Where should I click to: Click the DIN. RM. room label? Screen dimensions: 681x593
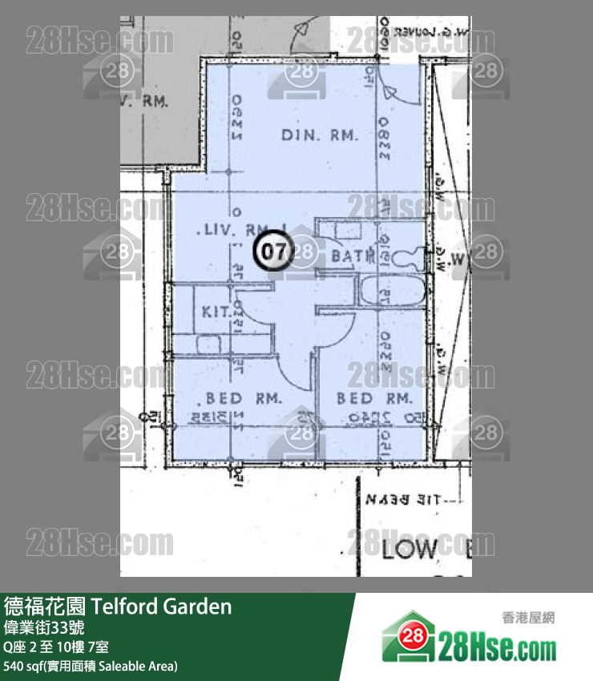coord(319,135)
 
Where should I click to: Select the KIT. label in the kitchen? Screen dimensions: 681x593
coord(216,312)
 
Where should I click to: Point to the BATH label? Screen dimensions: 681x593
coord(353,256)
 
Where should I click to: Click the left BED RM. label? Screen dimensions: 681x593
coord(244,398)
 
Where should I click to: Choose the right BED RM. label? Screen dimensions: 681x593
coord(373,398)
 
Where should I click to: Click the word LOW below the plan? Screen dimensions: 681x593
coord(409,550)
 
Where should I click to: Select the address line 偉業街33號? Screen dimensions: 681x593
coord(45,627)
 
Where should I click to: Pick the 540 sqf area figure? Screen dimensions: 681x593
coord(24,666)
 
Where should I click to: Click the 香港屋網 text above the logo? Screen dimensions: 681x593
coord(528,617)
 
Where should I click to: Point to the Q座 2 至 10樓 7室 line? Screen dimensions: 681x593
coord(57,647)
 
